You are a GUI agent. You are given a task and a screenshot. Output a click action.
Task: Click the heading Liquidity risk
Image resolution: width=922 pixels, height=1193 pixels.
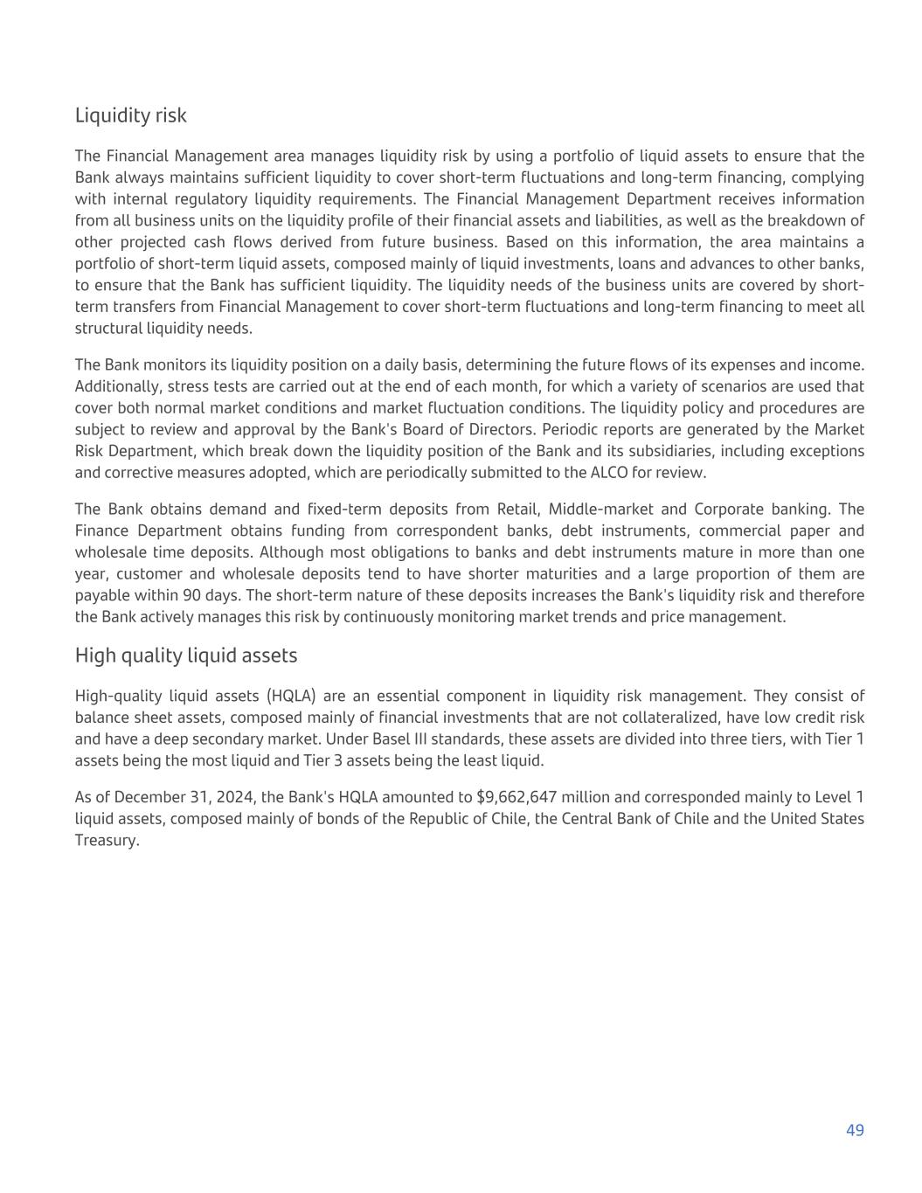click(130, 115)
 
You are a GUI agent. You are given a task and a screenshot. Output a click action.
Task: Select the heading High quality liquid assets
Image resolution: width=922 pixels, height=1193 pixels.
click(185, 655)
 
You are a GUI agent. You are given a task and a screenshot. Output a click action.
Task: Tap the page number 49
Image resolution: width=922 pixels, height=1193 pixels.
click(855, 1130)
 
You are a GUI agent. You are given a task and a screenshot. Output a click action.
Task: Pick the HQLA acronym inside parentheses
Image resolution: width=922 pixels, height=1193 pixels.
click(291, 696)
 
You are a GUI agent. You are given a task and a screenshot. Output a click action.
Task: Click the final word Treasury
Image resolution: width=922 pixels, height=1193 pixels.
click(107, 840)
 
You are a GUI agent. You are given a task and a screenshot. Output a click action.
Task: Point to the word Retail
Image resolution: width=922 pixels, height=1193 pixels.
click(517, 509)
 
